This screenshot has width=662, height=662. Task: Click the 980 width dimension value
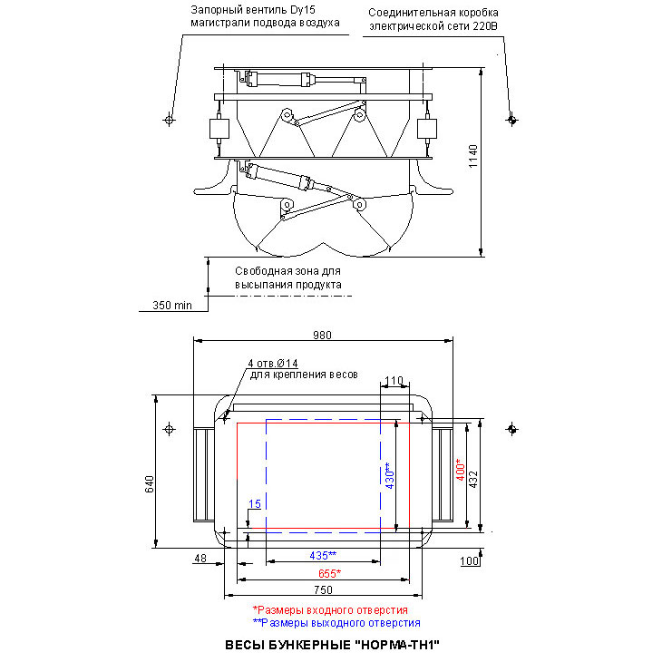[x=323, y=335]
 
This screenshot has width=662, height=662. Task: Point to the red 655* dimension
[x=328, y=573]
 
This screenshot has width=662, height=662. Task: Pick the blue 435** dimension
[x=322, y=555]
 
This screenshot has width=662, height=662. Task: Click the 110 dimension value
[x=393, y=380]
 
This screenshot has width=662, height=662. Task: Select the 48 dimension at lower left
[x=200, y=560]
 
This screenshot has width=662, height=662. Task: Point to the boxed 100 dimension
[x=469, y=562]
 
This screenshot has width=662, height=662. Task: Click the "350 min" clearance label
[x=172, y=306]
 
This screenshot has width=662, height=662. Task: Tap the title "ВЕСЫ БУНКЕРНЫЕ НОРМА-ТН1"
[x=331, y=646]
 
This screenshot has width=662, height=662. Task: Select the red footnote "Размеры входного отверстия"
[x=331, y=610]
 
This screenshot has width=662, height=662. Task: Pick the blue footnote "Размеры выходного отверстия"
[x=336, y=623]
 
